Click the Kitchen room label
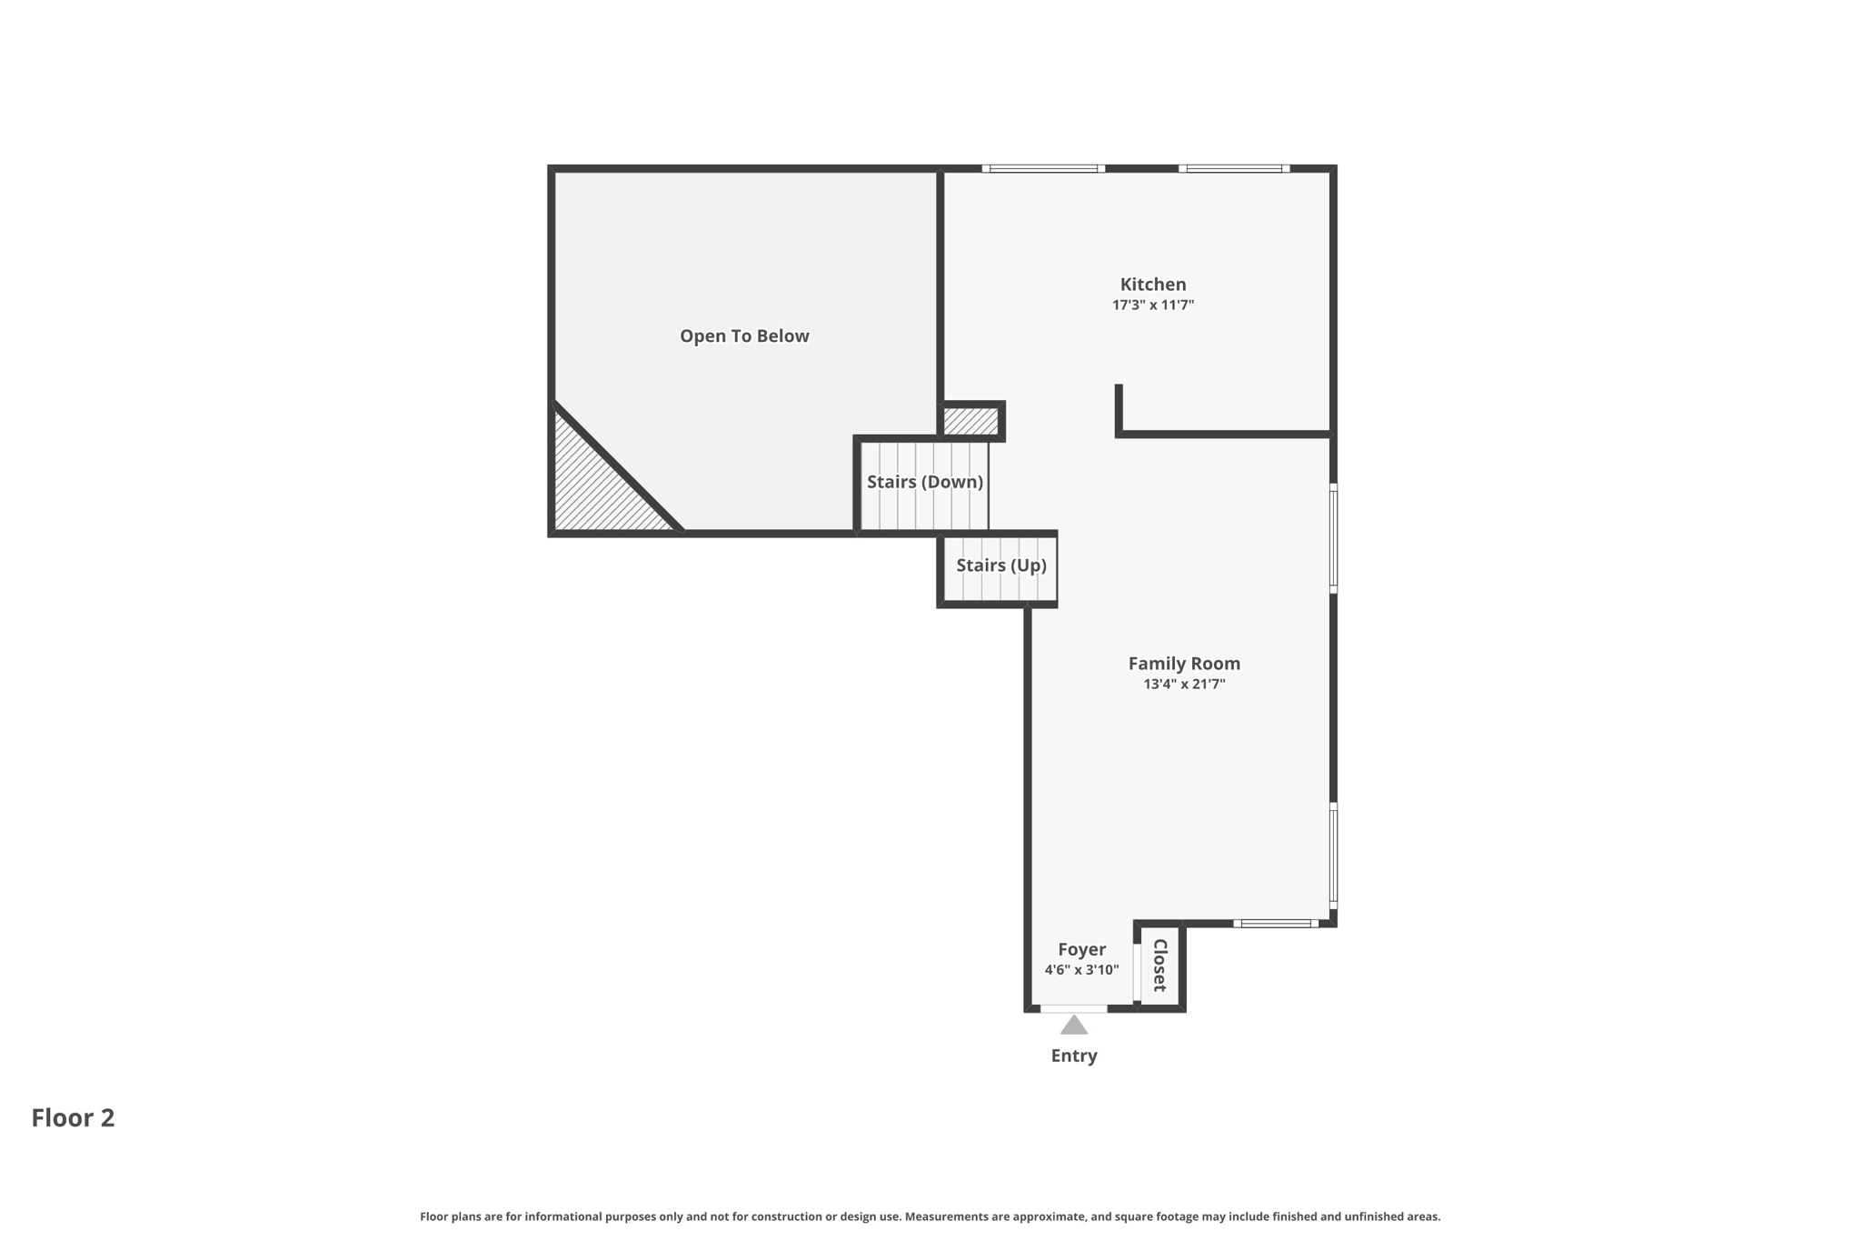(1152, 285)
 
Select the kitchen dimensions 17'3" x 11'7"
(1152, 305)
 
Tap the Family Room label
(1183, 664)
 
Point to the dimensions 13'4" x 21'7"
(1183, 685)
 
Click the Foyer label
(1081, 949)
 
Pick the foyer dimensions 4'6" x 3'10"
(1081, 970)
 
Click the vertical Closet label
(1160, 966)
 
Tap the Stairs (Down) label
(924, 482)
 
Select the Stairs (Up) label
(1000, 565)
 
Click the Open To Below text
(744, 336)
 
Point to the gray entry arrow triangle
(1074, 1026)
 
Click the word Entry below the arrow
(1074, 1056)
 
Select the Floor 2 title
(73, 1118)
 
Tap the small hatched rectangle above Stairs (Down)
(970, 421)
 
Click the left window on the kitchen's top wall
(1043, 168)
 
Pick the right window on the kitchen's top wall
(1234, 168)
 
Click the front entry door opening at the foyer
(1073, 1008)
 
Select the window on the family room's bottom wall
(1276, 924)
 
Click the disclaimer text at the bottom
(930, 1216)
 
